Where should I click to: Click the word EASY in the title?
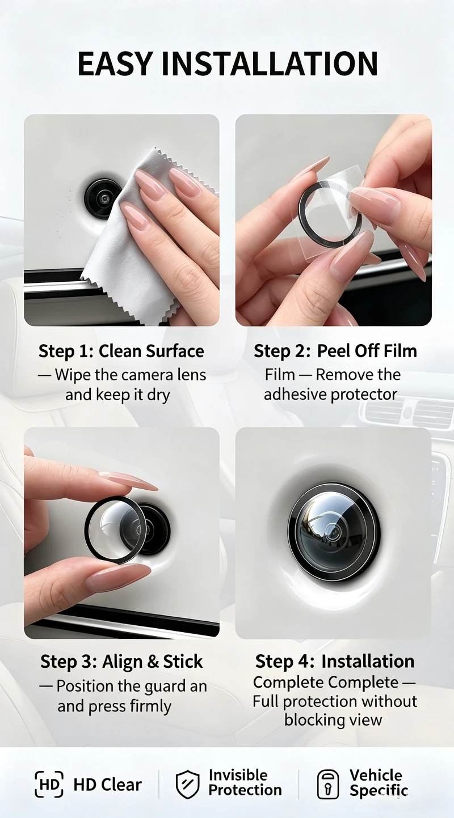(x=114, y=64)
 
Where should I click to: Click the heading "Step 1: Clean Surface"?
(x=121, y=351)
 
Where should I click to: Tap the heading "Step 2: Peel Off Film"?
(x=335, y=351)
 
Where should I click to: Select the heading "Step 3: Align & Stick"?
(x=121, y=662)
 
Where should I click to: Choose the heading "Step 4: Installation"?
(x=334, y=662)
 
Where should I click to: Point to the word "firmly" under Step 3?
(x=150, y=707)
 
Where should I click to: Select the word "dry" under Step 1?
(x=158, y=396)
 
